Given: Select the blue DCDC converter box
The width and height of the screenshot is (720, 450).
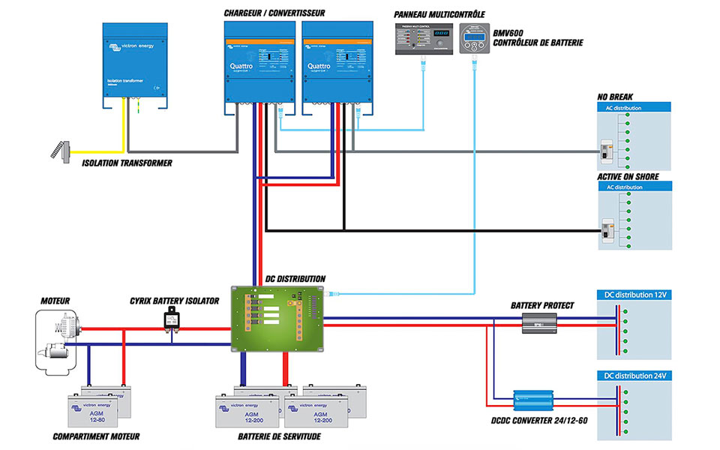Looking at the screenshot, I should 533,398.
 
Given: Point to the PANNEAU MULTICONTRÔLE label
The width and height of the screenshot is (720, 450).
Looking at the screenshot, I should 439,13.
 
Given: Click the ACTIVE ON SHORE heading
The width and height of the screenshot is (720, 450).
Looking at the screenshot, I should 628,176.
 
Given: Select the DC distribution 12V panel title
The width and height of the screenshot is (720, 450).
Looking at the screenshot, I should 634,295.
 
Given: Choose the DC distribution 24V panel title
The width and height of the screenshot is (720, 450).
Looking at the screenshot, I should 634,375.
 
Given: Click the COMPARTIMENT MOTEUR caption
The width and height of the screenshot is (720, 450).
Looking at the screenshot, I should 96,436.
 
